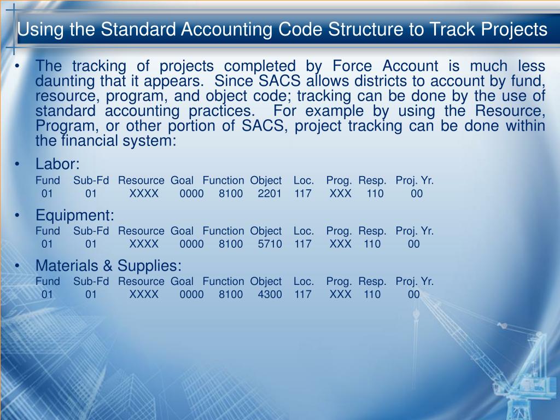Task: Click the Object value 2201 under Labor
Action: [270, 194]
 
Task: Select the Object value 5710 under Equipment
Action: [270, 244]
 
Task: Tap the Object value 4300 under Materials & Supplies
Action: [270, 294]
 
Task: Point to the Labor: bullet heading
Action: [57, 164]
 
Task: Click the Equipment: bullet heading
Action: [74, 215]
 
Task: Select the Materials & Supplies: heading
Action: [108, 266]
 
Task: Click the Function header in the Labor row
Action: [223, 180]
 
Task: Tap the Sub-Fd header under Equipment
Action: [91, 231]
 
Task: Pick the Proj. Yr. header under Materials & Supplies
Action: [415, 281]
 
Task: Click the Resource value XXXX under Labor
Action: [144, 194]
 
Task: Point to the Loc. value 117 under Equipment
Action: [302, 244]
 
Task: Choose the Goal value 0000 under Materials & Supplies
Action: [191, 294]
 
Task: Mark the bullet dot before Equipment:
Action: [19, 215]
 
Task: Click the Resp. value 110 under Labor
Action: [375, 194]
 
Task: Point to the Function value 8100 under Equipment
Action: [231, 244]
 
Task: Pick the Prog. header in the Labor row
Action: [339, 180]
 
